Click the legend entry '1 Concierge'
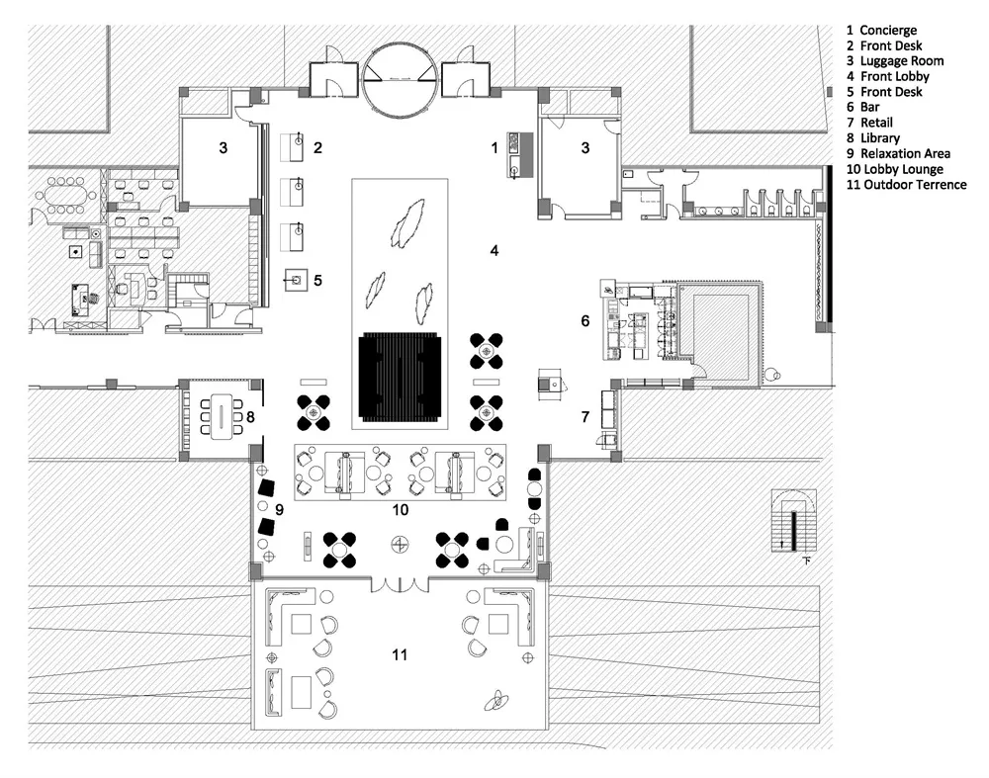[882, 31]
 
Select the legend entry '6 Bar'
[862, 107]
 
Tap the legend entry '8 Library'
[873, 138]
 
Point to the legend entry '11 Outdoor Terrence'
[906, 185]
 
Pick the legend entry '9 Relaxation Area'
[898, 154]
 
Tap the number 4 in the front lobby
[494, 251]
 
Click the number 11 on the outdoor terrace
[400, 655]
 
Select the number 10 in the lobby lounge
[401, 510]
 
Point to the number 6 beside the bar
[585, 321]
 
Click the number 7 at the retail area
[585, 417]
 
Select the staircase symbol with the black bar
[794, 521]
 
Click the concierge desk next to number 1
[521, 155]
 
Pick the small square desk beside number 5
[297, 280]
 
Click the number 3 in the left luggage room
[224, 148]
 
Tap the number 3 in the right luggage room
[585, 148]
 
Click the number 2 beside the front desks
[317, 148]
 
